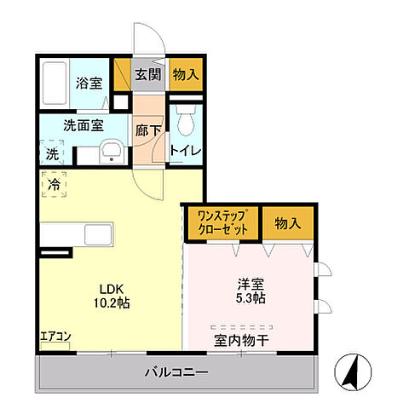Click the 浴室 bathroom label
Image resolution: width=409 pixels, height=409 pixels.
(88, 84)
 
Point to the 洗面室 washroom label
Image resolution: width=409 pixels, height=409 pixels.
(83, 124)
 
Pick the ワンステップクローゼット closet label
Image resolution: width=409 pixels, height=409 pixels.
(222, 223)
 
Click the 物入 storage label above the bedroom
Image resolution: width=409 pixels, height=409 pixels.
(287, 223)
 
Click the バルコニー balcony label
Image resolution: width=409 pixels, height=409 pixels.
(176, 372)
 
